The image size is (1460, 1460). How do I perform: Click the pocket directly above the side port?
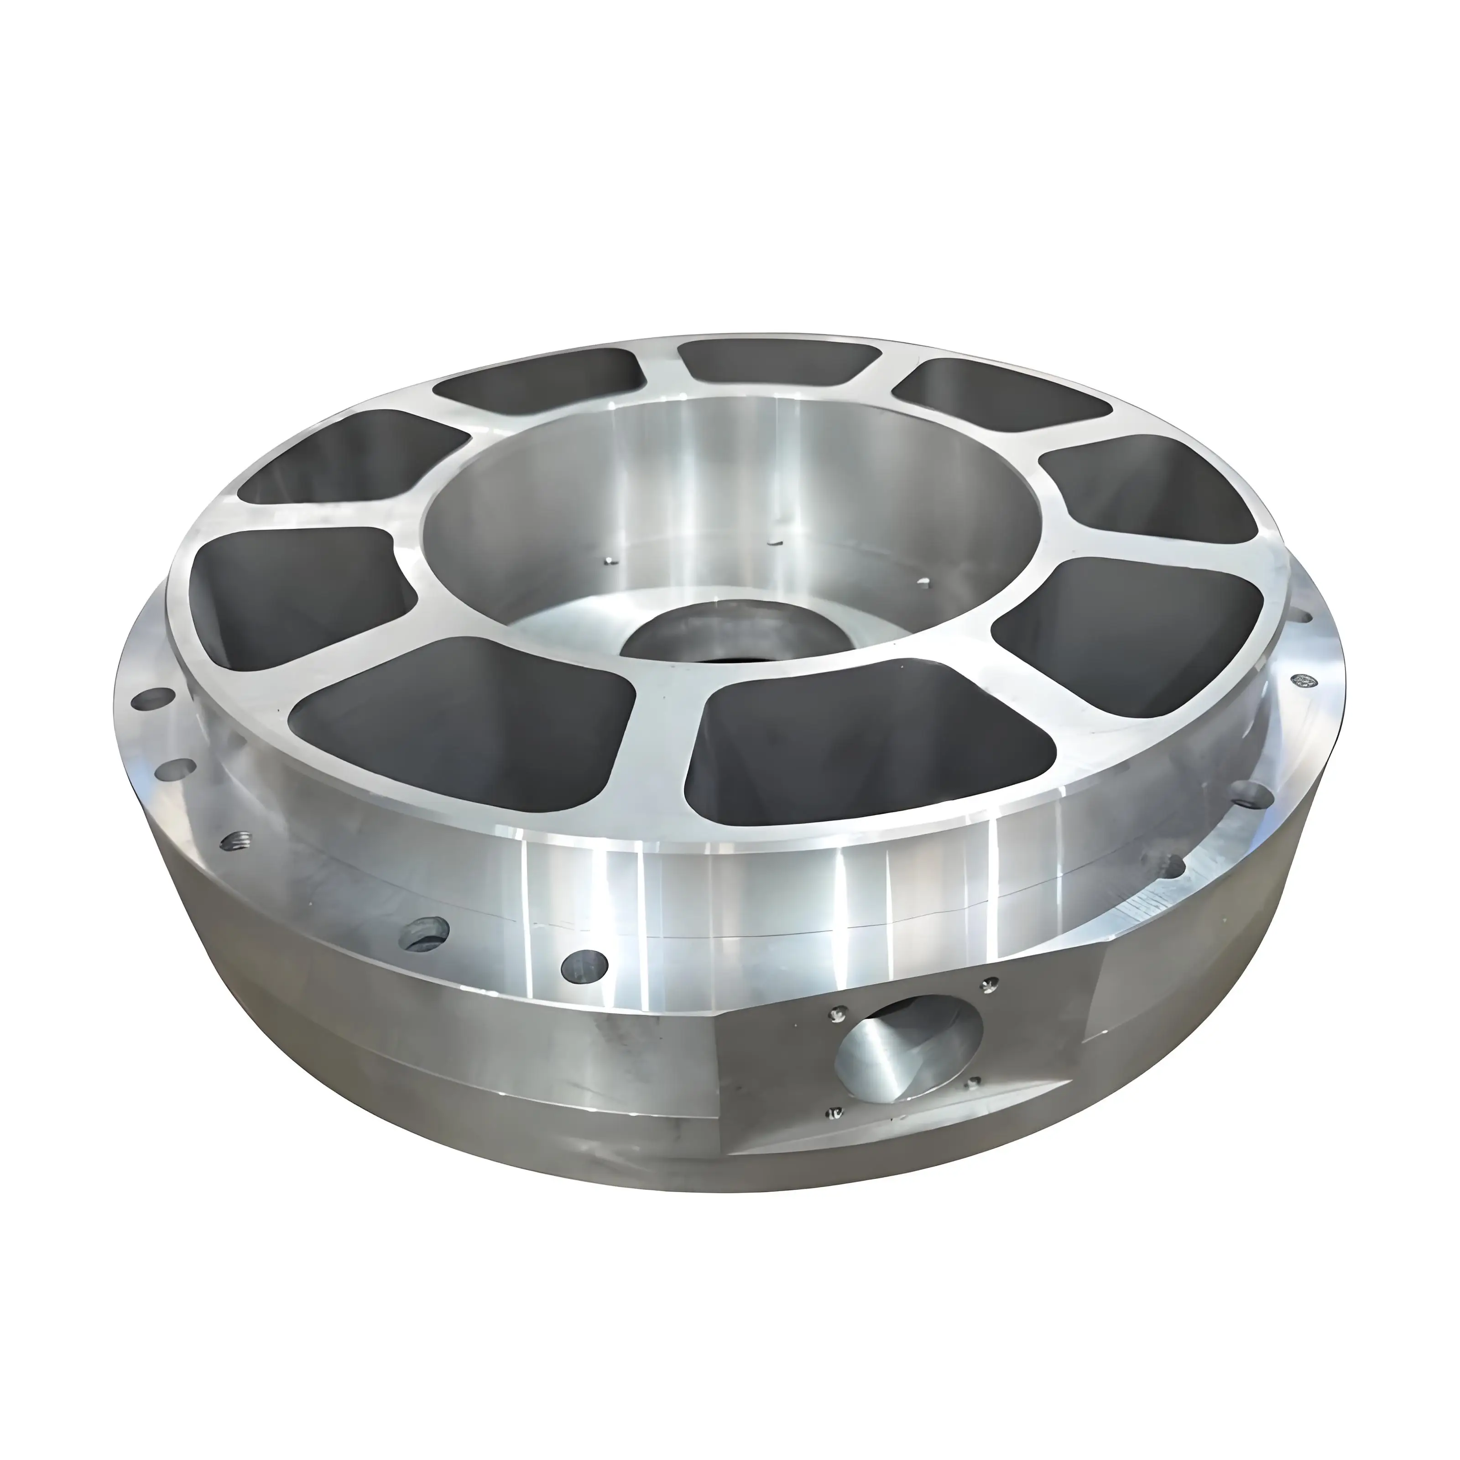point(869,740)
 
